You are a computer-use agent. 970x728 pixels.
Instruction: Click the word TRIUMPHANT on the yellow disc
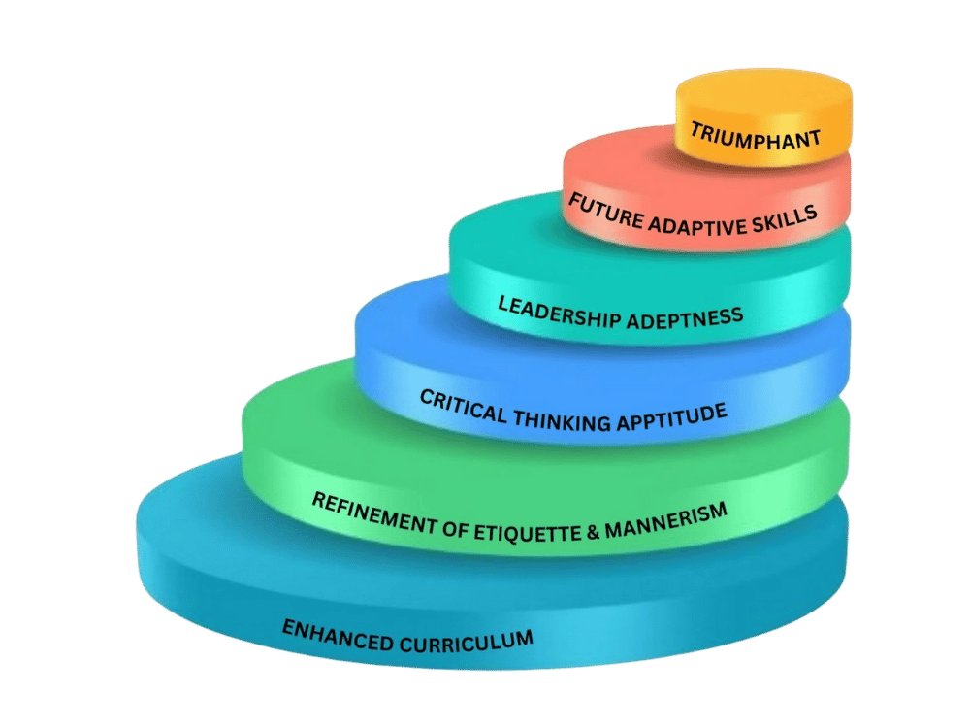tap(756, 134)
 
